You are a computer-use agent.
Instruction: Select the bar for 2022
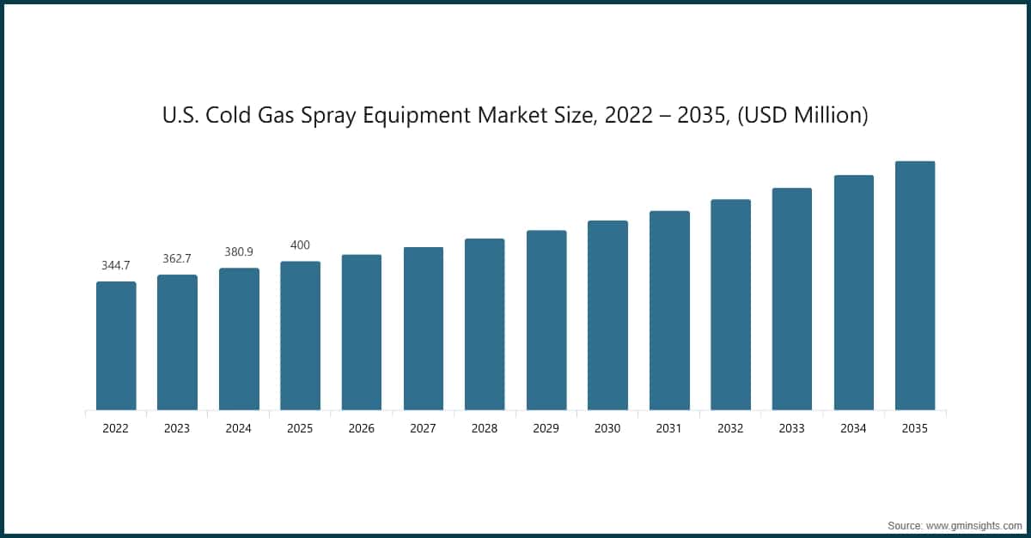pos(116,346)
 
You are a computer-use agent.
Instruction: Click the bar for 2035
pos(915,286)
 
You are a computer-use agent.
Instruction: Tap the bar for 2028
pos(485,324)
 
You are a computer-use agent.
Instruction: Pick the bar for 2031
pos(669,311)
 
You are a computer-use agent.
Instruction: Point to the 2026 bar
pos(362,332)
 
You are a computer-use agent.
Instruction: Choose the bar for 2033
pos(792,299)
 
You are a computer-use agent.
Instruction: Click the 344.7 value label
pos(116,265)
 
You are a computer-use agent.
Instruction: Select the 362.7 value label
pos(177,258)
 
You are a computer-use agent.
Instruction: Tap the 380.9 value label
pos(239,251)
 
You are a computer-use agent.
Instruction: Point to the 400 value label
pos(300,245)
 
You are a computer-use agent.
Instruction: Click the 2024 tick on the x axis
pos(239,428)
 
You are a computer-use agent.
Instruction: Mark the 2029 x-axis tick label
pos(546,428)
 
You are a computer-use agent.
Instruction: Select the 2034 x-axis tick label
pos(854,428)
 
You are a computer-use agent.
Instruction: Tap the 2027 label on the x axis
pos(424,428)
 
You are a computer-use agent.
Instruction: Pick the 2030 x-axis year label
pos(607,428)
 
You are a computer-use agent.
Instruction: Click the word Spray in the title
pos(323,116)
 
